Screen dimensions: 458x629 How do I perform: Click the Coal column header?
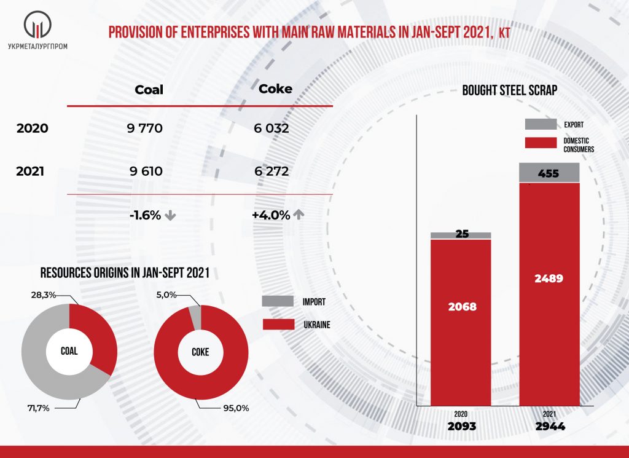point(149,90)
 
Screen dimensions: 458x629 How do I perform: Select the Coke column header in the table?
point(275,89)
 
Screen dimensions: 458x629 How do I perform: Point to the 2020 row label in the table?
point(32,129)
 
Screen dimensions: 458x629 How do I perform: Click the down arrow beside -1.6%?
point(171,216)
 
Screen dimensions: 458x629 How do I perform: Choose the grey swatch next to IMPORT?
point(277,301)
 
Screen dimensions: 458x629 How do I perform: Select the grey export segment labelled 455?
point(550,173)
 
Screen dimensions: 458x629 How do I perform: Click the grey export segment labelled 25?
point(461,235)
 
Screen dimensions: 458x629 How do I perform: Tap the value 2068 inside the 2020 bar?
point(461,306)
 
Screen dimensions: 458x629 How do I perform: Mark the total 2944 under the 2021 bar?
point(550,426)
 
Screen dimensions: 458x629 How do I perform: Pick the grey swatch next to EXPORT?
point(541,124)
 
